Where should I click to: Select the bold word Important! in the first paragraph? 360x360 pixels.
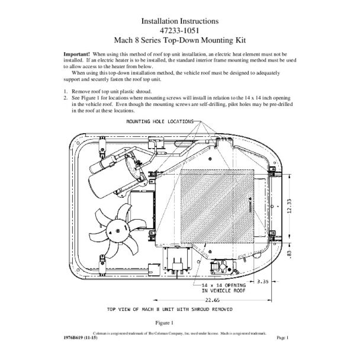pos(77,53)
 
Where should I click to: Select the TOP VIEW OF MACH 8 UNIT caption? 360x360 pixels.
pos(169,309)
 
